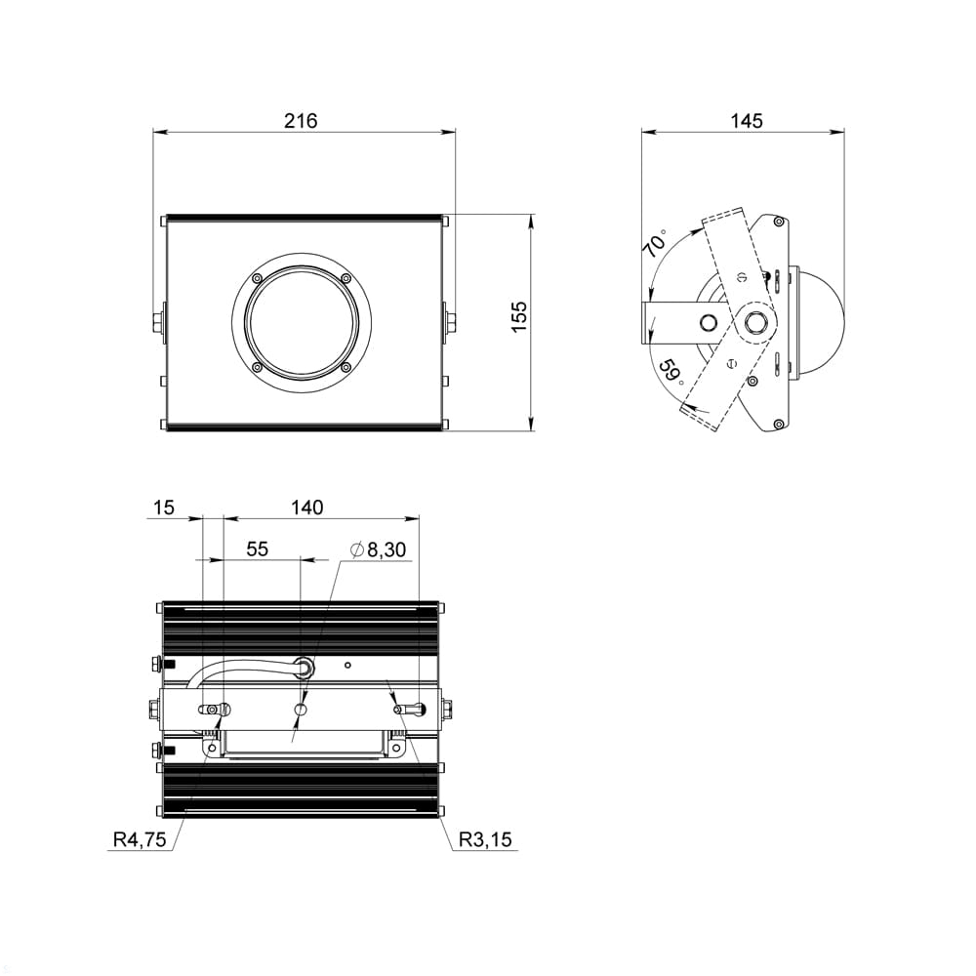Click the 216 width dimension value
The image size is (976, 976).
(301, 120)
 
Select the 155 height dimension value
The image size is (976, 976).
(519, 317)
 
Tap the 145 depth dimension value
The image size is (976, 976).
(747, 120)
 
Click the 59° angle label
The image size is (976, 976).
(671, 371)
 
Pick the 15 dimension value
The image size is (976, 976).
(163, 508)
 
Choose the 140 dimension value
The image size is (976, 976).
(307, 508)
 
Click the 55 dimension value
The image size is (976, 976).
(257, 549)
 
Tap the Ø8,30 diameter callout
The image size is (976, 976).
(378, 549)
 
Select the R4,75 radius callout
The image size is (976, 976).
(140, 839)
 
